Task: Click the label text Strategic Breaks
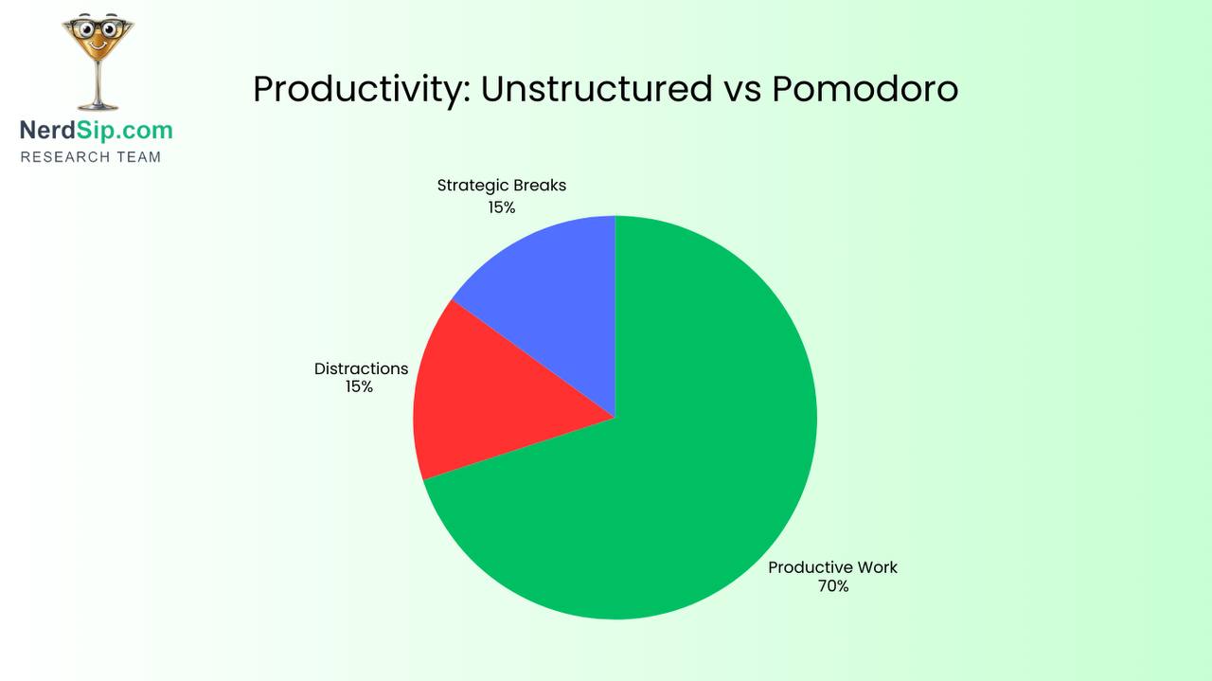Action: pyautogui.click(x=501, y=186)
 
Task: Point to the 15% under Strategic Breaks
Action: pyautogui.click(x=502, y=207)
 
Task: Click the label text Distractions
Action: pyautogui.click(x=361, y=368)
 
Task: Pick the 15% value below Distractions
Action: pyautogui.click(x=359, y=386)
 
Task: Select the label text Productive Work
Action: pyautogui.click(x=832, y=567)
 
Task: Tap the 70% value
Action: pyautogui.click(x=833, y=586)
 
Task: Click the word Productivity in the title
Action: pyautogui.click(x=361, y=90)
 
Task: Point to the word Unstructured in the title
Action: pyautogui.click(x=597, y=89)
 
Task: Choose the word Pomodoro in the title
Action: pyautogui.click(x=864, y=89)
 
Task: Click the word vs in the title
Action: pyautogui.click(x=741, y=91)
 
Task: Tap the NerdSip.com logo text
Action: pyautogui.click(x=97, y=130)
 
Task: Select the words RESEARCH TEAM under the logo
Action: pyautogui.click(x=91, y=157)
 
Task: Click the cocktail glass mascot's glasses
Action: pyautogui.click(x=97, y=29)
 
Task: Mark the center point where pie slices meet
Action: pyautogui.click(x=615, y=418)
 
